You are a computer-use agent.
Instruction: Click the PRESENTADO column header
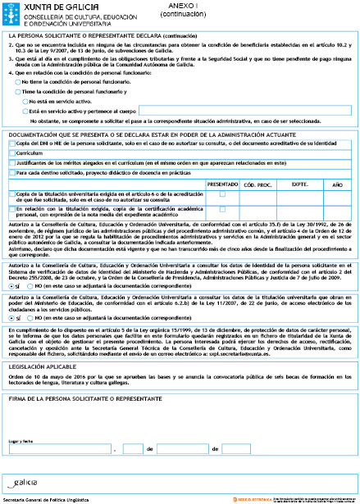(x=222, y=184)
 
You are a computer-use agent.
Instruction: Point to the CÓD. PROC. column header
(x=256, y=184)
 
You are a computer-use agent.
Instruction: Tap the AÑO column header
(x=337, y=184)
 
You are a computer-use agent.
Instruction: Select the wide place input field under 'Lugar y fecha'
(x=60, y=449)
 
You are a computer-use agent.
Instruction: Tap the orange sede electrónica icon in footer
(x=242, y=497)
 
